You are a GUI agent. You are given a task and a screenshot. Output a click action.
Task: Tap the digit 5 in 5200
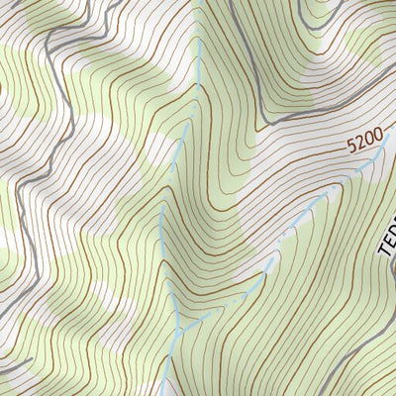point(350,148)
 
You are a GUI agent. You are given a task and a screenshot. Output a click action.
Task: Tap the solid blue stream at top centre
point(201,59)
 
